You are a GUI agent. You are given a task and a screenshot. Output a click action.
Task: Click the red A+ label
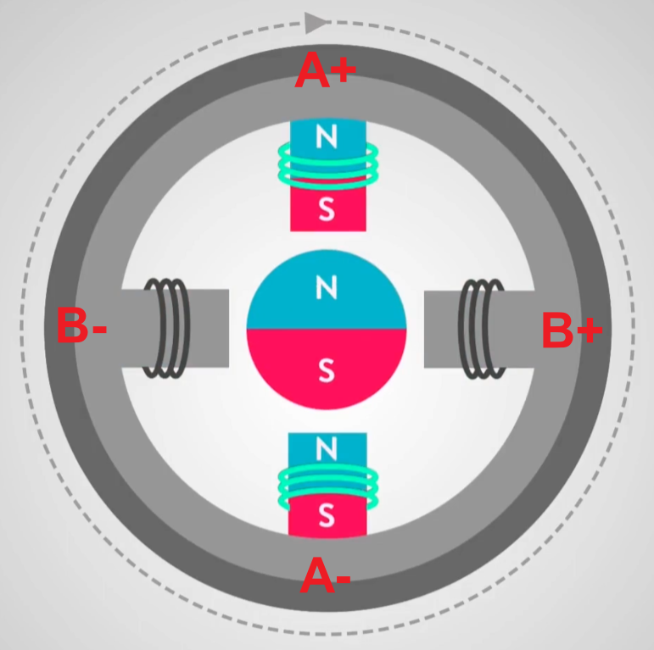[x=325, y=73]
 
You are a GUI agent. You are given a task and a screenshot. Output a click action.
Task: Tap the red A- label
[x=325, y=578]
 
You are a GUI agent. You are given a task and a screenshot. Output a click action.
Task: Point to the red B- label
[x=81, y=326]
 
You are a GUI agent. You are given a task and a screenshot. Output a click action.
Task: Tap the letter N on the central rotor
[x=327, y=288]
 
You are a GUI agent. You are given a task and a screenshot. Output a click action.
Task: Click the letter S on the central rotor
[x=327, y=369]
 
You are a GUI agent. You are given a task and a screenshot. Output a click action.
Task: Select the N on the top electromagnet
[x=327, y=133]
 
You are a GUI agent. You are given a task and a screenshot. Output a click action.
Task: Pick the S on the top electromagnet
[x=327, y=211]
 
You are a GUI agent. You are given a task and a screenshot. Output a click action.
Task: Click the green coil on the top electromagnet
[x=327, y=165]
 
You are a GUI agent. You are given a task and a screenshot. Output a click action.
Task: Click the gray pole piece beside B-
[x=208, y=328]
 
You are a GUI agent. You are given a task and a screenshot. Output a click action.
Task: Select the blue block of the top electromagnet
[x=305, y=133]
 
